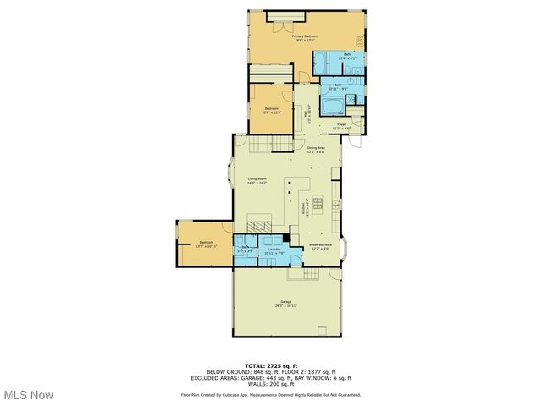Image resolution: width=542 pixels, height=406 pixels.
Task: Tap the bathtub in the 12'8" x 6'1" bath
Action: coord(327,63)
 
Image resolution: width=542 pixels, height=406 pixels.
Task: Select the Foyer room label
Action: coord(341,125)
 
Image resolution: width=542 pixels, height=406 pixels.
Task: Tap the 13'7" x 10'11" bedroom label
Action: coord(206,244)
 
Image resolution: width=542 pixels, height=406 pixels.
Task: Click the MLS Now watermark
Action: coord(27,395)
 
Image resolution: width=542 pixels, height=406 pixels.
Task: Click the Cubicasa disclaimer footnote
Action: coord(271,394)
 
